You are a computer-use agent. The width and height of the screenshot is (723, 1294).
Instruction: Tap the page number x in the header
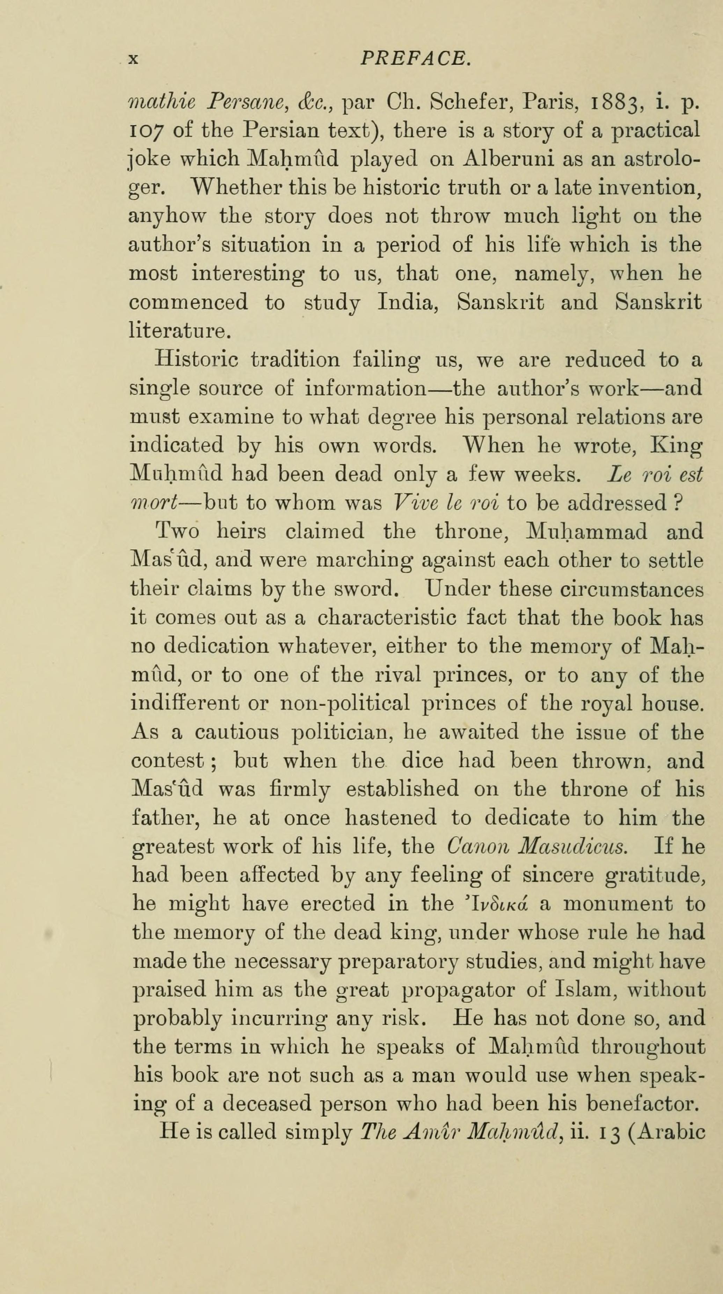click(x=133, y=60)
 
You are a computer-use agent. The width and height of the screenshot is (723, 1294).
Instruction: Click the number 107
click(x=146, y=131)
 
